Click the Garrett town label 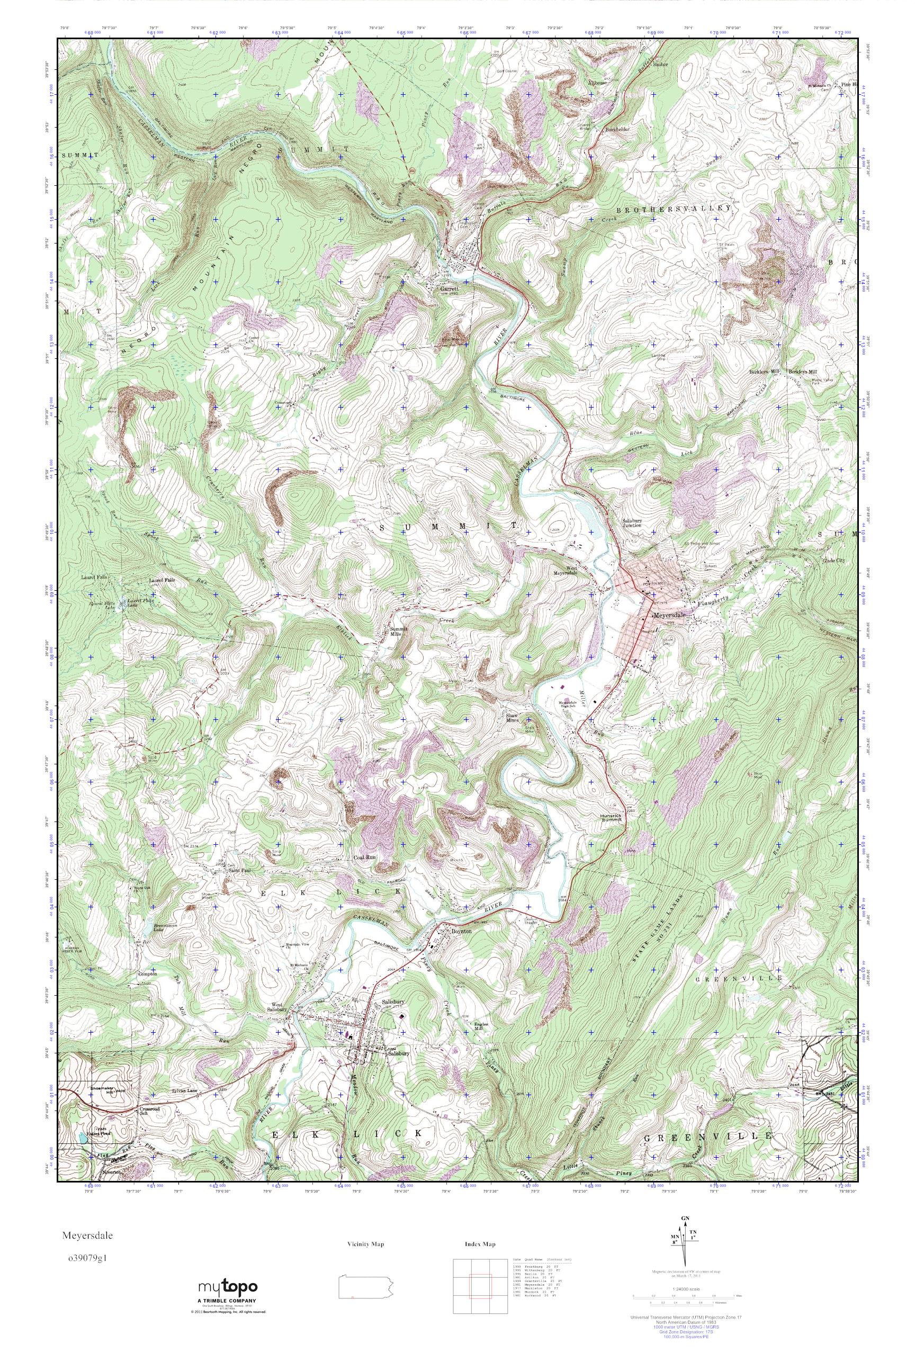(x=451, y=287)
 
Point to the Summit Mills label (x=400, y=633)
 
